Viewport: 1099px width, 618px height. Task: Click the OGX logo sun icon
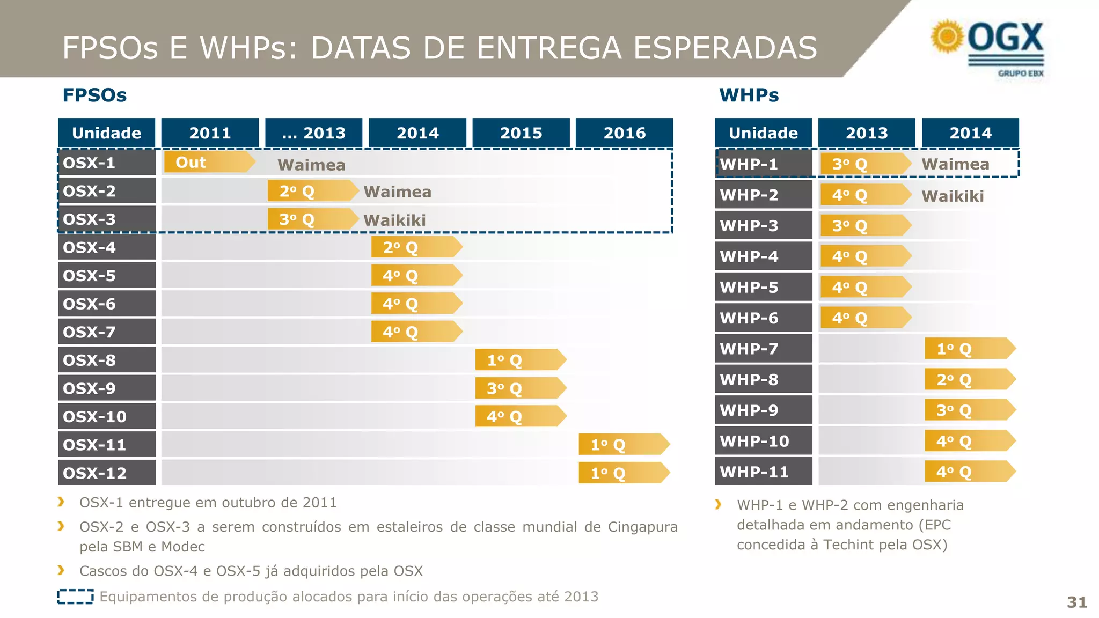click(947, 36)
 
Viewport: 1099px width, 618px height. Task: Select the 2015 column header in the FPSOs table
click(521, 133)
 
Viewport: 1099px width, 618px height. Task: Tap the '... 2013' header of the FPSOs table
click(313, 133)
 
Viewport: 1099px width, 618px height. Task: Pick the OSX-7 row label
click(106, 332)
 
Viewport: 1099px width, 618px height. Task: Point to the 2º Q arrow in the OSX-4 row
click(416, 247)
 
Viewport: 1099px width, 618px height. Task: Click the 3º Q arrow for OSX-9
click(520, 388)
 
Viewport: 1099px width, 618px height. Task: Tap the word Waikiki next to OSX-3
click(394, 220)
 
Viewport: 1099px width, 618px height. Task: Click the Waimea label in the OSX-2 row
click(397, 192)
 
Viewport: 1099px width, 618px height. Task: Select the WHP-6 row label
click(763, 318)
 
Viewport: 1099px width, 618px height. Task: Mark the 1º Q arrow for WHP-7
click(969, 349)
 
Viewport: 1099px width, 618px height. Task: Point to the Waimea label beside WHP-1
click(955, 164)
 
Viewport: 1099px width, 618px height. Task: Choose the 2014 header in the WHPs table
click(970, 133)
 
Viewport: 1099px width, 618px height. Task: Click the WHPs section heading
click(749, 95)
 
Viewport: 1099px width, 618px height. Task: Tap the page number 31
click(1076, 602)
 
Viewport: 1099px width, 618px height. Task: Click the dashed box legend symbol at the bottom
click(75, 597)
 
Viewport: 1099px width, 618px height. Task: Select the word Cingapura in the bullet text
click(642, 527)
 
